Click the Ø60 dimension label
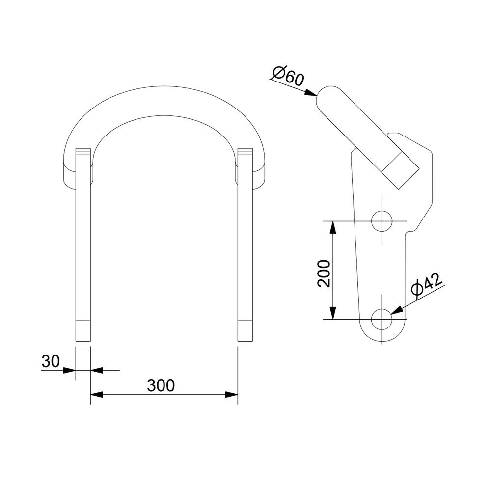point(288,76)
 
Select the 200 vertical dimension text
point(324,273)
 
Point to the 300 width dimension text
point(161,385)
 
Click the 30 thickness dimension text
point(51,361)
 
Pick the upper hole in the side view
point(382,221)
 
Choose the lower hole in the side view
point(382,319)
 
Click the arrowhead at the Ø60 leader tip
point(311,93)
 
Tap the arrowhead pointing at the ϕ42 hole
point(397,310)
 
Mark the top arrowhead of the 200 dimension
point(333,227)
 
